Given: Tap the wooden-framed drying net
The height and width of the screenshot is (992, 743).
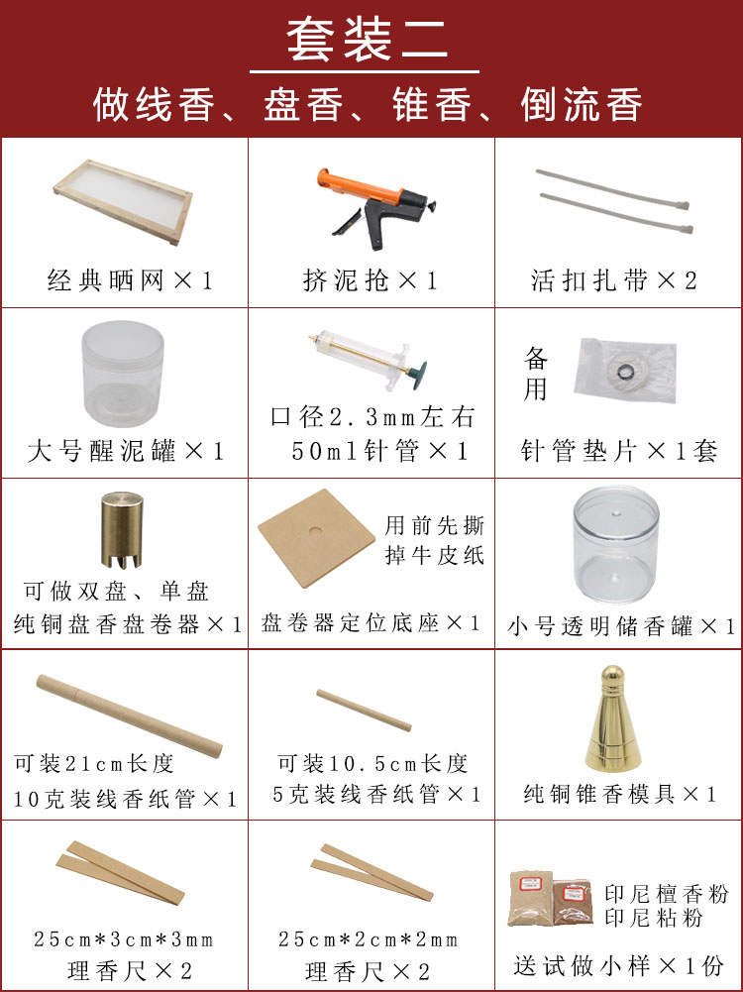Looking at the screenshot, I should pos(122,203).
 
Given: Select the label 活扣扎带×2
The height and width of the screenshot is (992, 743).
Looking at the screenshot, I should pos(615,281).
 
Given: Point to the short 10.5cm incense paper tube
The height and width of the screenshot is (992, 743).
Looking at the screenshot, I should pos(364,709).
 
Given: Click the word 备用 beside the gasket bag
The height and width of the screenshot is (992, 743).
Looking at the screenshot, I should pos(535,374).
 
